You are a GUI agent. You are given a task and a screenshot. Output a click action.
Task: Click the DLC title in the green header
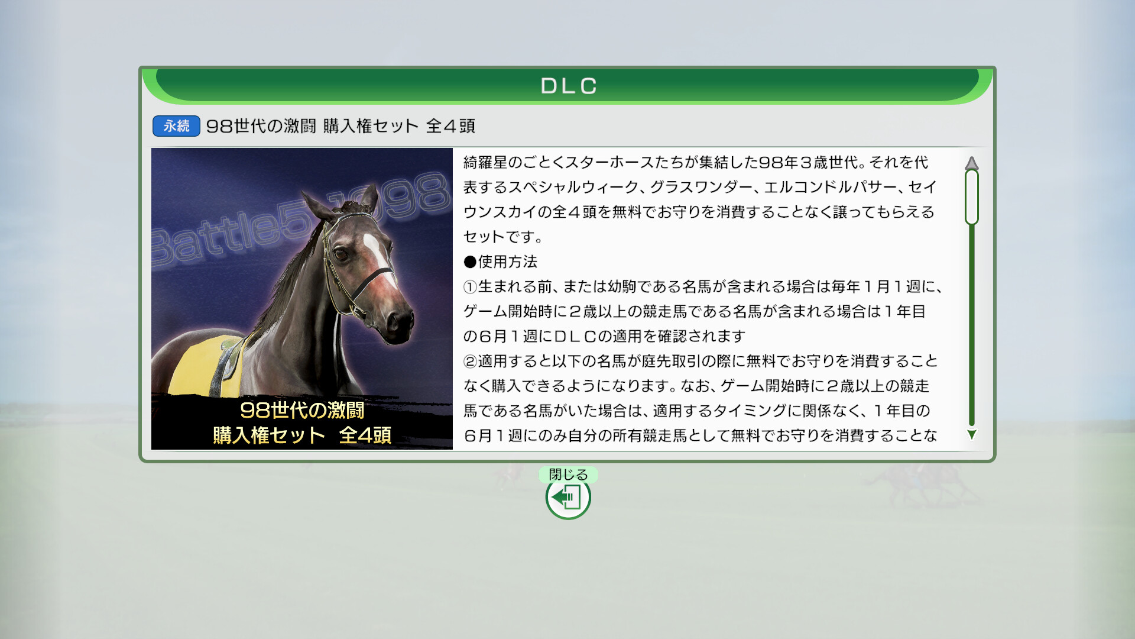click(x=568, y=86)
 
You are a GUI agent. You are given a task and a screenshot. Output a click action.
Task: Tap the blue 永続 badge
click(x=176, y=126)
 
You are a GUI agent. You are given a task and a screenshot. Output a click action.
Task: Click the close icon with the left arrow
click(x=568, y=498)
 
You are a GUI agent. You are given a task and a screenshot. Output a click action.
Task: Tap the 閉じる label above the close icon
click(x=568, y=475)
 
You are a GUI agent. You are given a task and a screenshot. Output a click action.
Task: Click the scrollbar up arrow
click(x=971, y=163)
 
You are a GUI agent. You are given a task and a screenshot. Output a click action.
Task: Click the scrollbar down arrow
click(x=971, y=435)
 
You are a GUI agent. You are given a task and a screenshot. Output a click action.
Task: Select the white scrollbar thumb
click(x=971, y=197)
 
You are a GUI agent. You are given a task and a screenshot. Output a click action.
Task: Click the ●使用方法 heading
click(x=501, y=262)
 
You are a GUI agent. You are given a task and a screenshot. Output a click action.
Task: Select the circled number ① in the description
click(x=470, y=287)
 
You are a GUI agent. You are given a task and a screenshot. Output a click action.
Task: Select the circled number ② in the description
click(x=470, y=362)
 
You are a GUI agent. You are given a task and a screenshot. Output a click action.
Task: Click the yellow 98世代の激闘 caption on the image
click(x=302, y=410)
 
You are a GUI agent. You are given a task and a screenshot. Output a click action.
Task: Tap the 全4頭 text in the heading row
click(x=450, y=126)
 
